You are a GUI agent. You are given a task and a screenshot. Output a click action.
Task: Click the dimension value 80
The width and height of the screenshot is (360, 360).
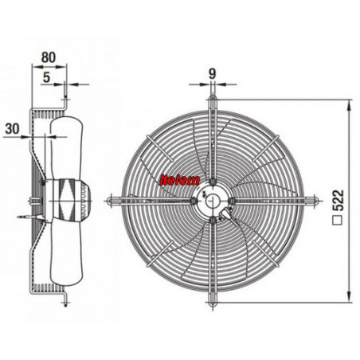pyautogui.click(x=49, y=57)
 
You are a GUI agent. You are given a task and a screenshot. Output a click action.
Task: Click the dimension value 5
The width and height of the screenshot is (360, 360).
pyautogui.click(x=46, y=77)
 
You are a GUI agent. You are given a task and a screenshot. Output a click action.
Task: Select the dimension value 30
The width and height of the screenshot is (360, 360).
pyautogui.click(x=12, y=129)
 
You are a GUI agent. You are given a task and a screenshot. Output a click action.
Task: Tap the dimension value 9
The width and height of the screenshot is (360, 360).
pyautogui.click(x=212, y=74)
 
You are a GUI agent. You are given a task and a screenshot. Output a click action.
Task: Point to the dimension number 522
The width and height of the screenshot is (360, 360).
pyautogui.click(x=338, y=201)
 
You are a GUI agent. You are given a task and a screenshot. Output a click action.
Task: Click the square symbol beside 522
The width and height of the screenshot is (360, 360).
pyautogui.click(x=338, y=220)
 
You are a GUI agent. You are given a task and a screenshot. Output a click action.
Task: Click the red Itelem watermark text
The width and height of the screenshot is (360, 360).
pyautogui.click(x=179, y=180)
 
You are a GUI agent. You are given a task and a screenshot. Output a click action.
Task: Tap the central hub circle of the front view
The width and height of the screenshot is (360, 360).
pyautogui.click(x=212, y=201)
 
